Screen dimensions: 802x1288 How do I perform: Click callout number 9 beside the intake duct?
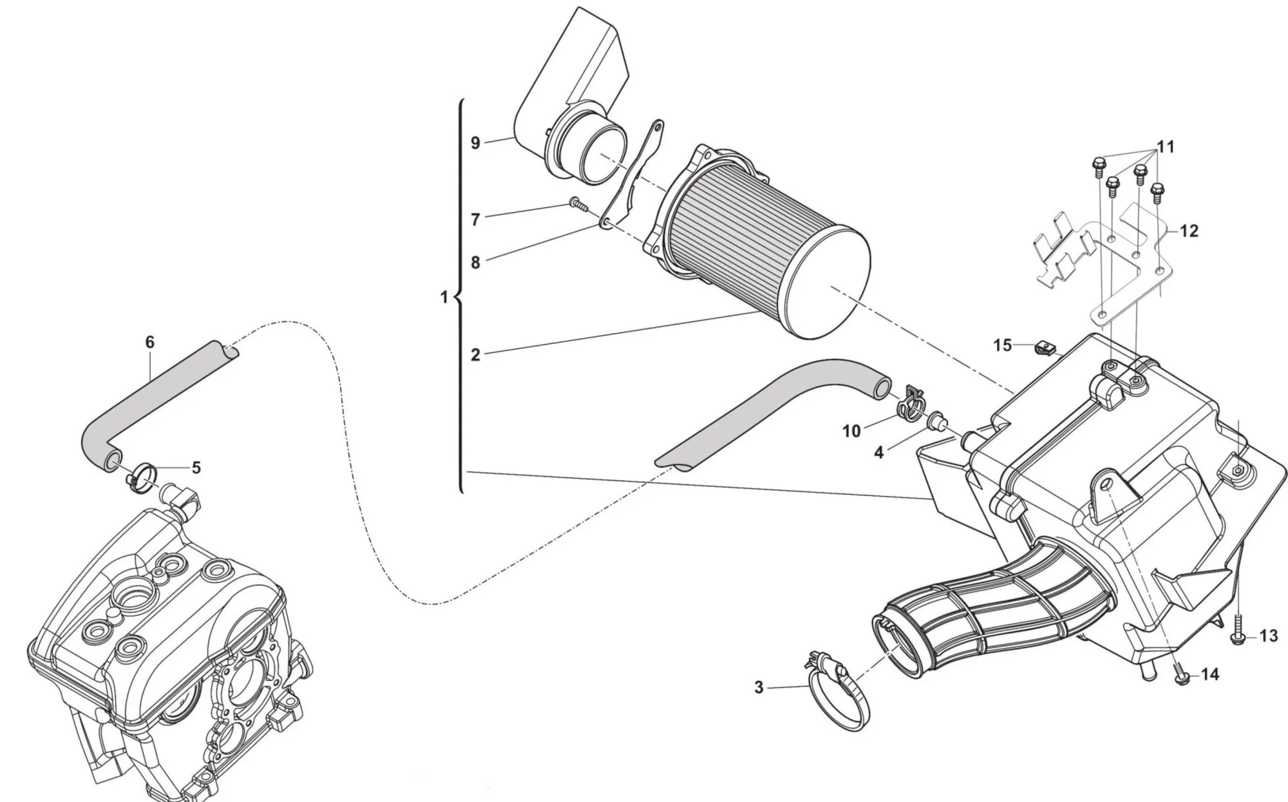point(475,142)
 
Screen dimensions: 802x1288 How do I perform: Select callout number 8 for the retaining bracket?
point(475,262)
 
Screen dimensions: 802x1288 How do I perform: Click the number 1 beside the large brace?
point(444,298)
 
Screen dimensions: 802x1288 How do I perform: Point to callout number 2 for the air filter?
point(475,354)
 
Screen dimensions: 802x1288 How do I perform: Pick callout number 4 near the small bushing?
point(878,452)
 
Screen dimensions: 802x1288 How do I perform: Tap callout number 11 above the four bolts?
point(1166,148)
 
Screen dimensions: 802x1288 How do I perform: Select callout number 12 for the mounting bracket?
point(1189,231)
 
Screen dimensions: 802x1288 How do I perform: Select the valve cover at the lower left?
point(161,618)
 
